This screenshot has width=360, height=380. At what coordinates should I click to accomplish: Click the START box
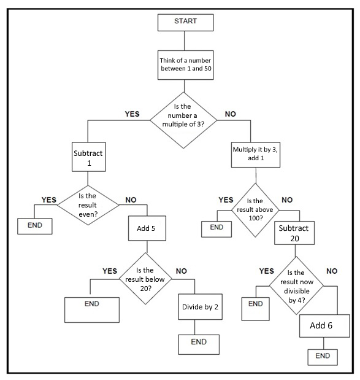click(185, 21)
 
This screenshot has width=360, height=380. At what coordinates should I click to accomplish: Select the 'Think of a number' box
click(185, 63)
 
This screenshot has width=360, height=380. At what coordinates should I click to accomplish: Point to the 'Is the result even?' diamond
click(88, 205)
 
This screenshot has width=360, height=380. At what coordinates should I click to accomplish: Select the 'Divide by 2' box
click(200, 306)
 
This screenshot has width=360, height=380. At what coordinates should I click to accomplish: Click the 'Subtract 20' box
click(294, 233)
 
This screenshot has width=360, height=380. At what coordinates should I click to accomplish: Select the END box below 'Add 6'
click(323, 356)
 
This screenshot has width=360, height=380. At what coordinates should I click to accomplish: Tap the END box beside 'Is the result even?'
click(35, 225)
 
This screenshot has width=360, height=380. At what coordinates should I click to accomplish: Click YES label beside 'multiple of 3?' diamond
click(132, 114)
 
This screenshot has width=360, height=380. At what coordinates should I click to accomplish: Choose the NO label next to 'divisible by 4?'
click(332, 271)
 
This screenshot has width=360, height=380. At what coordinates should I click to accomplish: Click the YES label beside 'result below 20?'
click(110, 271)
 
